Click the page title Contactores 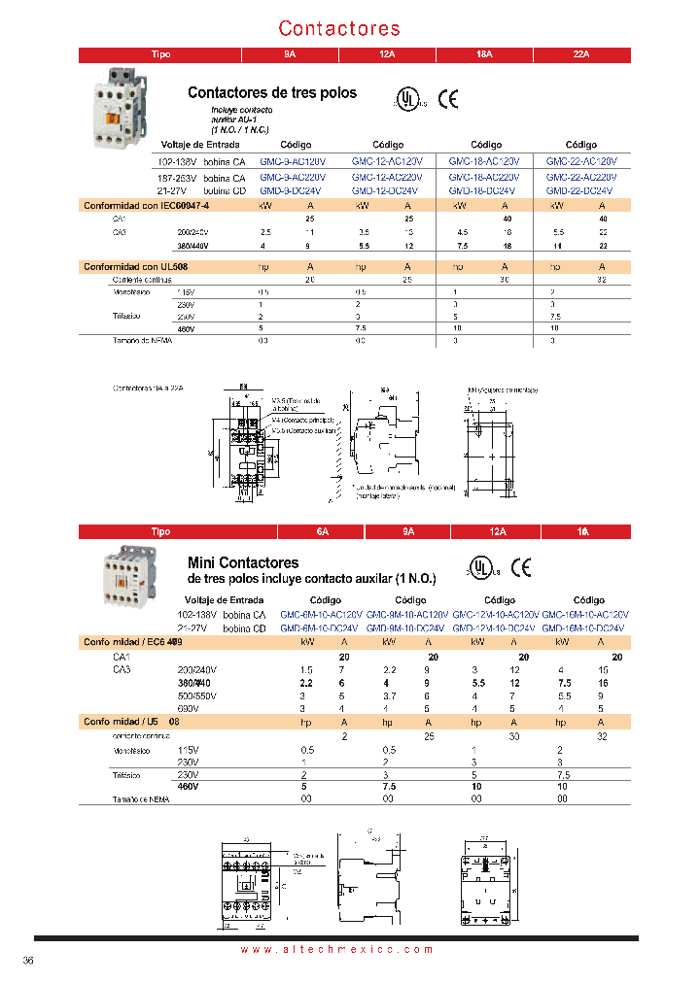(339, 28)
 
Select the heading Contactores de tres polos (271, 93)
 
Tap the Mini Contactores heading (242, 562)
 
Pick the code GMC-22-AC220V (580, 178)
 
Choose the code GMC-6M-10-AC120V (321, 615)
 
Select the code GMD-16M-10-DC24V (586, 628)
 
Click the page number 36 (28, 962)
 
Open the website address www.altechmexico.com (335, 949)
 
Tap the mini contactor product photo (126, 575)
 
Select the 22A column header (581, 55)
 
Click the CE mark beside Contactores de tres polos (448, 98)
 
